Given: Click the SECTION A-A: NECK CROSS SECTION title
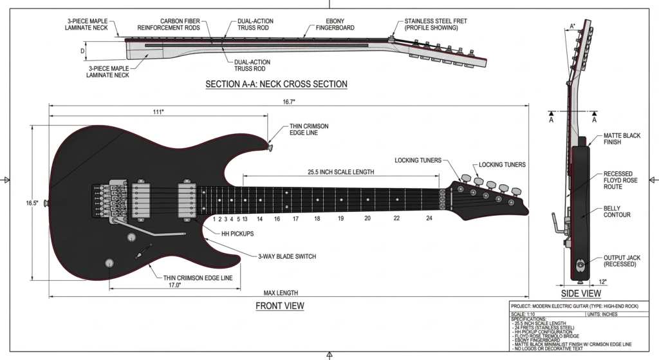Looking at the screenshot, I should pos(276,84).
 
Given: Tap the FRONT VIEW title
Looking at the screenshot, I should pos(279,305).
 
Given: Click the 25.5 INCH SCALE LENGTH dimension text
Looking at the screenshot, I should pos(341,172).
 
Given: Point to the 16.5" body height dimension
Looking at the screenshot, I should pos(32,203).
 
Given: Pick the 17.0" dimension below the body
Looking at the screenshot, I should pos(174,284).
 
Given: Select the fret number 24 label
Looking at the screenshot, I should pos(429,219).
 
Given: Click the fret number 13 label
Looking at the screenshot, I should pos(245,219).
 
